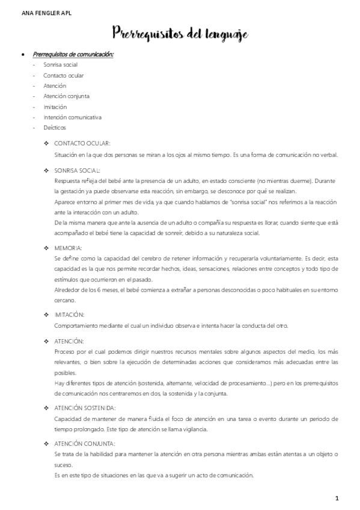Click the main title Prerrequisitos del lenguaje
(x=180, y=34)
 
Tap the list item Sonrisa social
(x=60, y=65)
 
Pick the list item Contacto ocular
(x=63, y=75)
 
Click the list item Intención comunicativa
(x=72, y=117)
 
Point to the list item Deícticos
(x=55, y=127)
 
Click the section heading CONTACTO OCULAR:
(x=82, y=144)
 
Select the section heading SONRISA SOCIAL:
(x=79, y=170)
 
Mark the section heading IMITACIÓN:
(x=69, y=315)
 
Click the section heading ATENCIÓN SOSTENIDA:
(x=85, y=408)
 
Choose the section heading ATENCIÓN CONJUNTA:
(x=84, y=444)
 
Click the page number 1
(x=337, y=498)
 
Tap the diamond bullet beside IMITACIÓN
(x=47, y=315)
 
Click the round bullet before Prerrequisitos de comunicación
(x=22, y=55)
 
